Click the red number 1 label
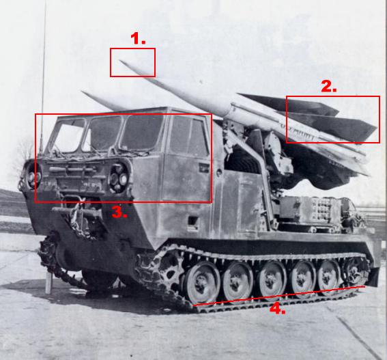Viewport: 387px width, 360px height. point(139,40)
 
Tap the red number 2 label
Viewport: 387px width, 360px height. point(329,87)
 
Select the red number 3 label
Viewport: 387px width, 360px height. point(119,212)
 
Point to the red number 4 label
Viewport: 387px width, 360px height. point(277,309)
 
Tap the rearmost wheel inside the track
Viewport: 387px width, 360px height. point(354,271)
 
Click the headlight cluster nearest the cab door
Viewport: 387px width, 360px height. point(119,174)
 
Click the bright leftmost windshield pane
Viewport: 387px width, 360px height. point(67,135)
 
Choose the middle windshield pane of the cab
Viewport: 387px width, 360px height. point(102,133)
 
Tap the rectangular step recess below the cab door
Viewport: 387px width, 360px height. point(193,221)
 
